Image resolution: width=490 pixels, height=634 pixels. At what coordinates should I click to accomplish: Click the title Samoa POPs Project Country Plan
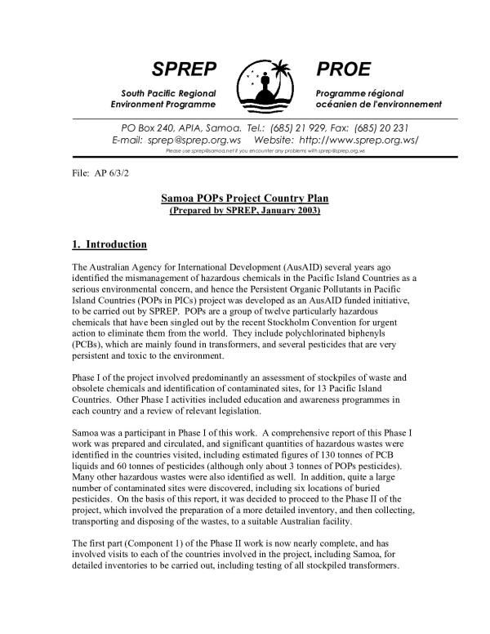click(x=244, y=200)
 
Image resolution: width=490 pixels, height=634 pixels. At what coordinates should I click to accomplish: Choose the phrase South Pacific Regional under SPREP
click(x=163, y=93)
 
